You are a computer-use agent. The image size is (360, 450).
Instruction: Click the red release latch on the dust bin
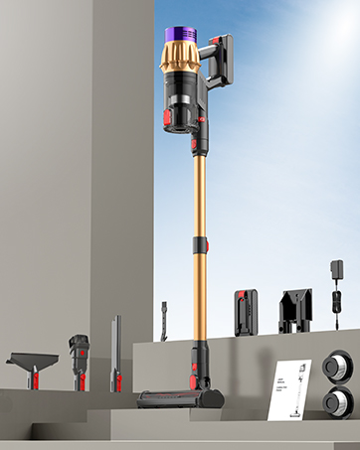point(171,120)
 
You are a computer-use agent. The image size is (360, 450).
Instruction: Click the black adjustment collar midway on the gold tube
point(201,244)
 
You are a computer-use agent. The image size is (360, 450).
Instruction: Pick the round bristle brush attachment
point(79,354)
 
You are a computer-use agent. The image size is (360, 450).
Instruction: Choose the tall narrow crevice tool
point(116,353)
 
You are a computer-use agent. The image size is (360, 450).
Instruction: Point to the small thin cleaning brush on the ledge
point(164,320)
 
